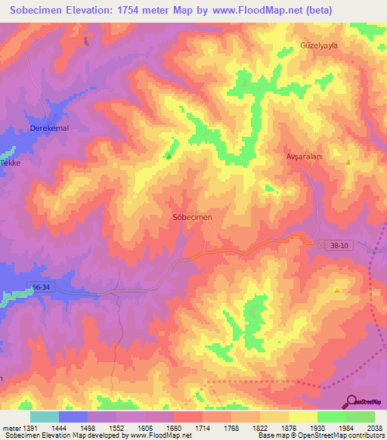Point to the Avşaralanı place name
click(305, 156)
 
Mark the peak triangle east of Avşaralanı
click(348, 163)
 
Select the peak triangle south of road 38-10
click(337, 290)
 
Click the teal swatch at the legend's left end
click(44, 417)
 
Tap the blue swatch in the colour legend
click(73, 417)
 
